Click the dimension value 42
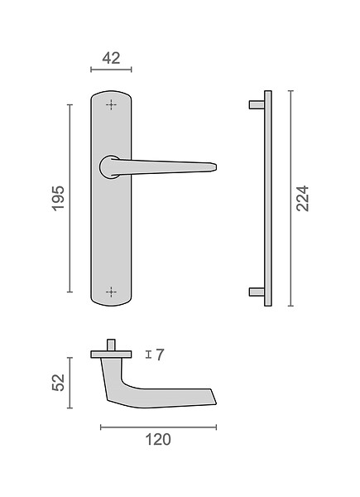tap(111, 58)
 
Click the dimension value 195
tap(58, 199)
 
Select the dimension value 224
tap(302, 199)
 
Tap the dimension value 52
tap(58, 383)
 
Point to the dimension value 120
tap(158, 440)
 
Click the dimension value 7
tap(161, 355)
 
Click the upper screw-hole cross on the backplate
tap(111, 104)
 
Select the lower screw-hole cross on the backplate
tap(111, 292)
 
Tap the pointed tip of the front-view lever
tap(216, 167)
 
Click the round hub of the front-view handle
tap(109, 167)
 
